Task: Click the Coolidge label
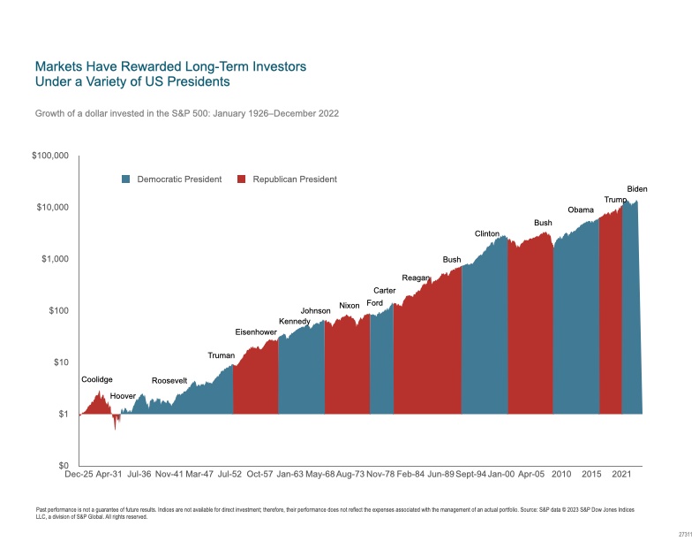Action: click(97, 379)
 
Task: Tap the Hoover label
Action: click(123, 396)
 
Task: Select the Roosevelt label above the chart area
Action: click(169, 380)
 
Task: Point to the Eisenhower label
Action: click(256, 332)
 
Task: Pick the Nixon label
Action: click(349, 306)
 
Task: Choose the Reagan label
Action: click(415, 278)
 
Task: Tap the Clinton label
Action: click(487, 233)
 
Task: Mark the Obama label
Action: click(581, 210)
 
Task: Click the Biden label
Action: click(637, 188)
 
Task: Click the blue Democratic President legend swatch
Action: click(126, 179)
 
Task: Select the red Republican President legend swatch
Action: click(242, 179)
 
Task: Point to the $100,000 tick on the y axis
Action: click(50, 156)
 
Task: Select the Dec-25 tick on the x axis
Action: click(79, 474)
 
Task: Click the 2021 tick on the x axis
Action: click(621, 474)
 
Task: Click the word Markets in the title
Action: click(59, 66)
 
